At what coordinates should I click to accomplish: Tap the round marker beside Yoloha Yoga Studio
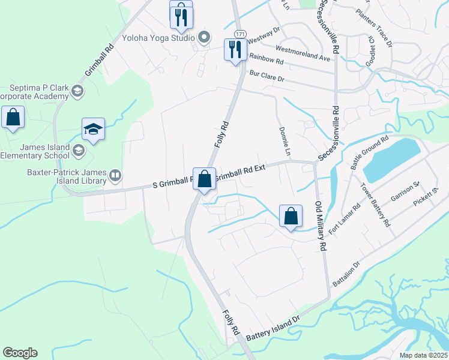(204, 38)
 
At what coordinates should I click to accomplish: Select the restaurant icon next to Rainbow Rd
(235, 49)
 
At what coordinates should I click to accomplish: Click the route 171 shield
(240, 32)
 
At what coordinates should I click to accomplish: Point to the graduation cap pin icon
(93, 129)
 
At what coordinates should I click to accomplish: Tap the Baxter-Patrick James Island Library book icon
(115, 176)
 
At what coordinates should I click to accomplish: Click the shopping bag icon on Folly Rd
(204, 178)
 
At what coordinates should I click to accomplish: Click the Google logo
(20, 353)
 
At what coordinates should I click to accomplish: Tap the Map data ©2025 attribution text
(423, 355)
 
